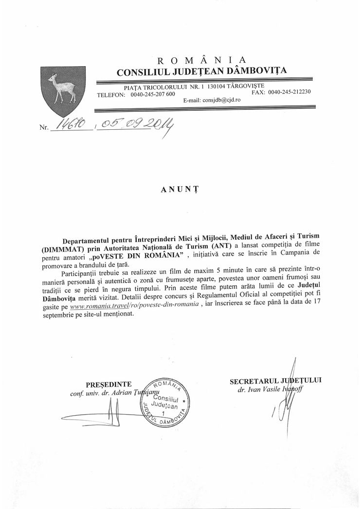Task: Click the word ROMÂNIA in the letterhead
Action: (x=202, y=60)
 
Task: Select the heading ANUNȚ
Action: (x=180, y=190)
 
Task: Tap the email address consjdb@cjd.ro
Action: (x=212, y=100)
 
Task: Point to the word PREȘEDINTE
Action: (x=108, y=386)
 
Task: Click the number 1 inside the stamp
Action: (x=163, y=411)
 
